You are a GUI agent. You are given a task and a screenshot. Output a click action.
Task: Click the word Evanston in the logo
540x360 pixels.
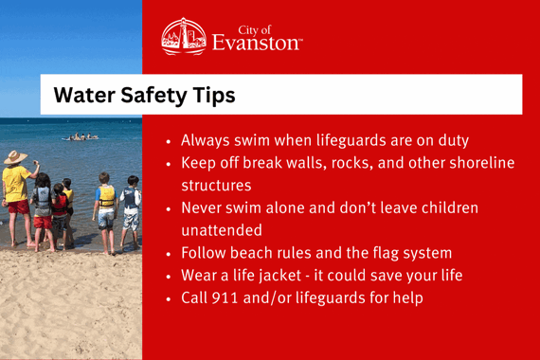[258, 43]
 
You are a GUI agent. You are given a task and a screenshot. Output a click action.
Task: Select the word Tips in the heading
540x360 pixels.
[214, 96]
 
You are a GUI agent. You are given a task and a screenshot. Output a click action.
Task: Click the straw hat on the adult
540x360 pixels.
[16, 158]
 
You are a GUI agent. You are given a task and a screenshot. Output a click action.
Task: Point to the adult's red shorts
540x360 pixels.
[17, 207]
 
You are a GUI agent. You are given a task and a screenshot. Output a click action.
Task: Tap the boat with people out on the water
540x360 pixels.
[80, 137]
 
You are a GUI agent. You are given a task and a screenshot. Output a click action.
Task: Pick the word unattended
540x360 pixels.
[223, 230]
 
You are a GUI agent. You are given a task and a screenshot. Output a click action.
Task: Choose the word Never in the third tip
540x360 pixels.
[203, 207]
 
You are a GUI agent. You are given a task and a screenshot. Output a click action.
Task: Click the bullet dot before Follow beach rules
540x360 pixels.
[169, 254]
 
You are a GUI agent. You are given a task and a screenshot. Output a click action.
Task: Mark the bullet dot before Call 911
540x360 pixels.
[169, 299]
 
